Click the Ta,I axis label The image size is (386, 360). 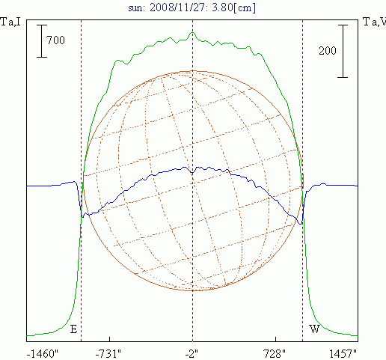click(10, 22)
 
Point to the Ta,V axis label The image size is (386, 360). click(375, 22)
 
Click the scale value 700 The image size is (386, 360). click(55, 40)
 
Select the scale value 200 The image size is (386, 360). click(328, 51)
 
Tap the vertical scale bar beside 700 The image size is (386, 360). click(42, 41)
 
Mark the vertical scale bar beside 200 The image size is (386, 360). click(343, 51)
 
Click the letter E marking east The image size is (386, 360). click(73, 329)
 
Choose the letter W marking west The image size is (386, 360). click(314, 329)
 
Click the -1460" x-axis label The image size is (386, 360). click(42, 354)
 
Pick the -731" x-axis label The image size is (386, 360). click(108, 354)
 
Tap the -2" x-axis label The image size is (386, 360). click(192, 354)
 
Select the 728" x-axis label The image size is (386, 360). click(275, 354)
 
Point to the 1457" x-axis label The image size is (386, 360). click(343, 354)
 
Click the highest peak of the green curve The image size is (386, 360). click(192, 32)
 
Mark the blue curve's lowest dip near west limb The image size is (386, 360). click(301, 224)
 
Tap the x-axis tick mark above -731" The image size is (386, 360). click(109, 339)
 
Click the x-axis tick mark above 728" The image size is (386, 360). click(275, 339)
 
